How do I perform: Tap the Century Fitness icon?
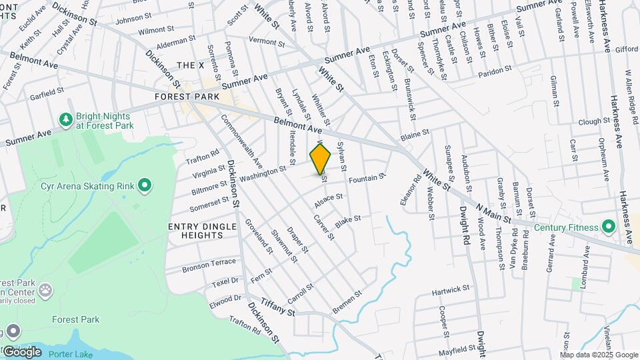click(608, 227)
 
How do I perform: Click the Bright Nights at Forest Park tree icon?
click(65, 119)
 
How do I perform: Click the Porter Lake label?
click(71, 354)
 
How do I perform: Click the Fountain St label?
click(367, 178)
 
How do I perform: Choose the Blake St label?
click(347, 221)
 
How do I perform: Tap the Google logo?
click(21, 351)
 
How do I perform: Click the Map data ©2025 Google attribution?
click(599, 355)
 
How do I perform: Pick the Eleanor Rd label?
click(409, 189)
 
